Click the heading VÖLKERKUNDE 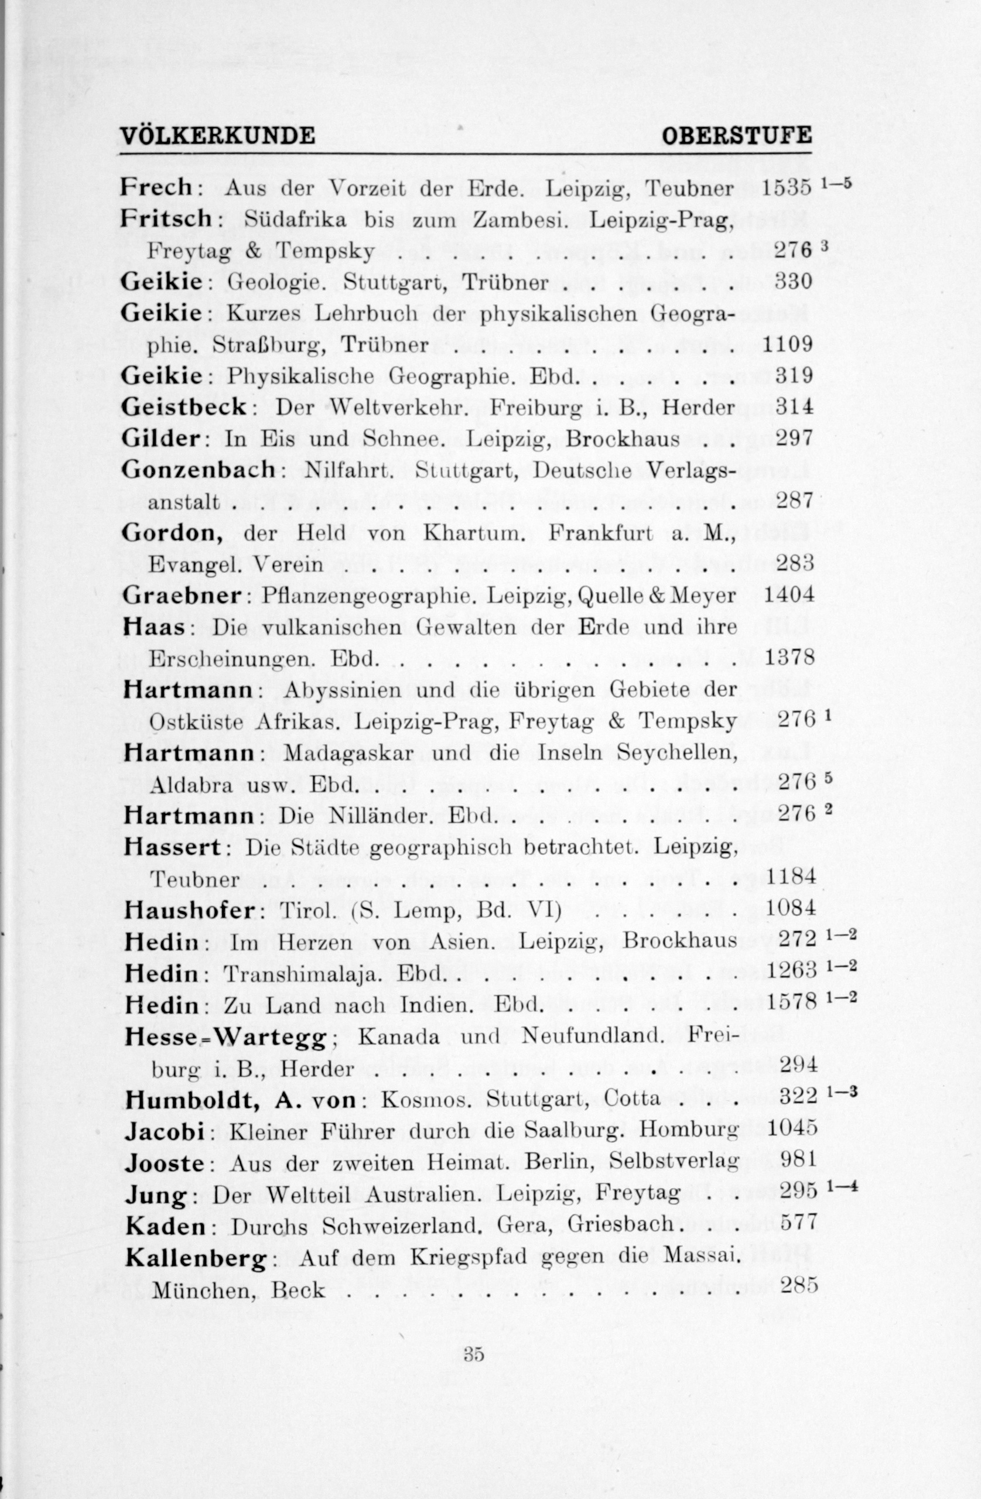218,135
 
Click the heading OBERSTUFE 737,135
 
